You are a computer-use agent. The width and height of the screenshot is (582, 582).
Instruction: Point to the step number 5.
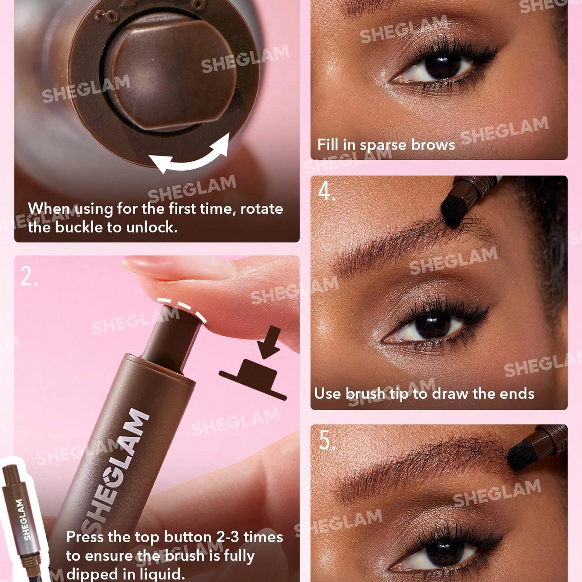click(x=327, y=441)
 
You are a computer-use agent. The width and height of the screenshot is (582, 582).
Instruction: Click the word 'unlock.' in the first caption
click(x=152, y=227)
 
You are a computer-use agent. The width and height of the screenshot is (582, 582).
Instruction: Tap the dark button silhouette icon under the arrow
click(x=252, y=379)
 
